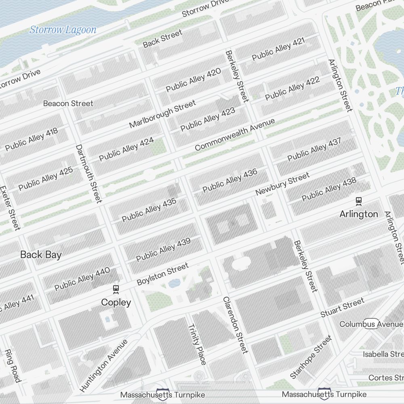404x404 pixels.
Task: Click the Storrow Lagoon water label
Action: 63,30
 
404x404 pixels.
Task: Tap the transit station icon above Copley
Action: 116,289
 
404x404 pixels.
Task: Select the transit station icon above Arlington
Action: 358,200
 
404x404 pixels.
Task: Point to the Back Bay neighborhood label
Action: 41,255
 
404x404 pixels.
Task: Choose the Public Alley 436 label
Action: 230,181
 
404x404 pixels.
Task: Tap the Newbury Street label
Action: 282,184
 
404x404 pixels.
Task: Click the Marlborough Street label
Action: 162,114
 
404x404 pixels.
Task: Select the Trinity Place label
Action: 197,344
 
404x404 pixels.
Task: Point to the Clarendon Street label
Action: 235,325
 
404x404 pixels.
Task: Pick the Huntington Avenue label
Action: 103,366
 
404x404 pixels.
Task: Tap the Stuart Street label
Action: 342,307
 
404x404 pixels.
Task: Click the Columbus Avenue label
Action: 371,324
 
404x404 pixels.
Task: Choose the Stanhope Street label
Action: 311,357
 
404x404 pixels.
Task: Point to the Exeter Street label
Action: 9,208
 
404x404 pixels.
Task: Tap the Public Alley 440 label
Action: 82,279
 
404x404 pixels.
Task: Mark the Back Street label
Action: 162,38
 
